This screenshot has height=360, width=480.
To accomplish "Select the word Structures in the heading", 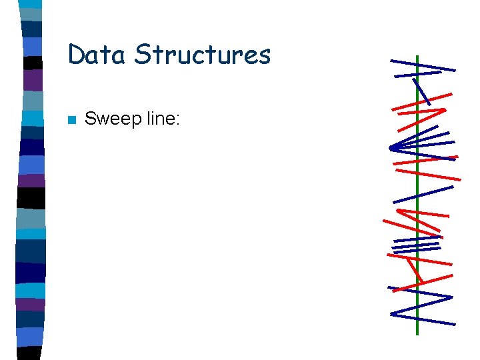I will [x=203, y=55].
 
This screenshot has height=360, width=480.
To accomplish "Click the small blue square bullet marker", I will [x=71, y=121].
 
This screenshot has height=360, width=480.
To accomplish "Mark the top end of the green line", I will [x=417, y=57].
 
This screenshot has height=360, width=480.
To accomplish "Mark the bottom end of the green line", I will [x=417, y=333].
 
